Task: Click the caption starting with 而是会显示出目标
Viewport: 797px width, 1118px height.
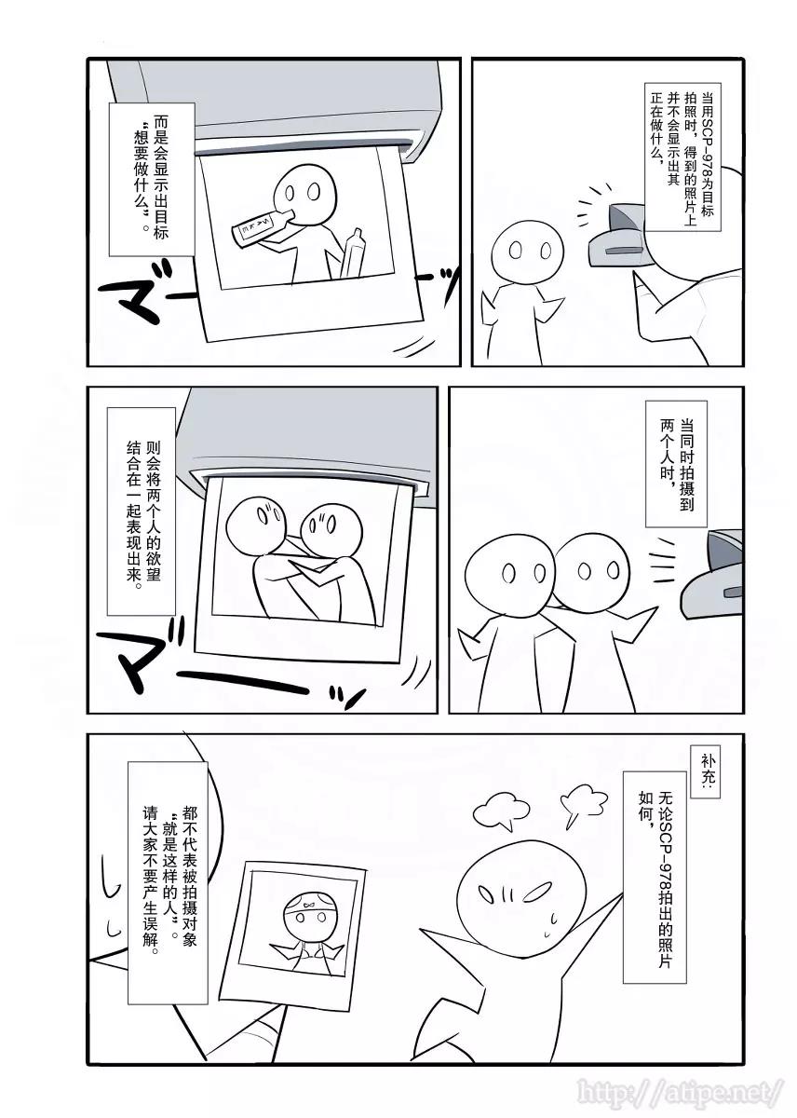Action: coord(152,178)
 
